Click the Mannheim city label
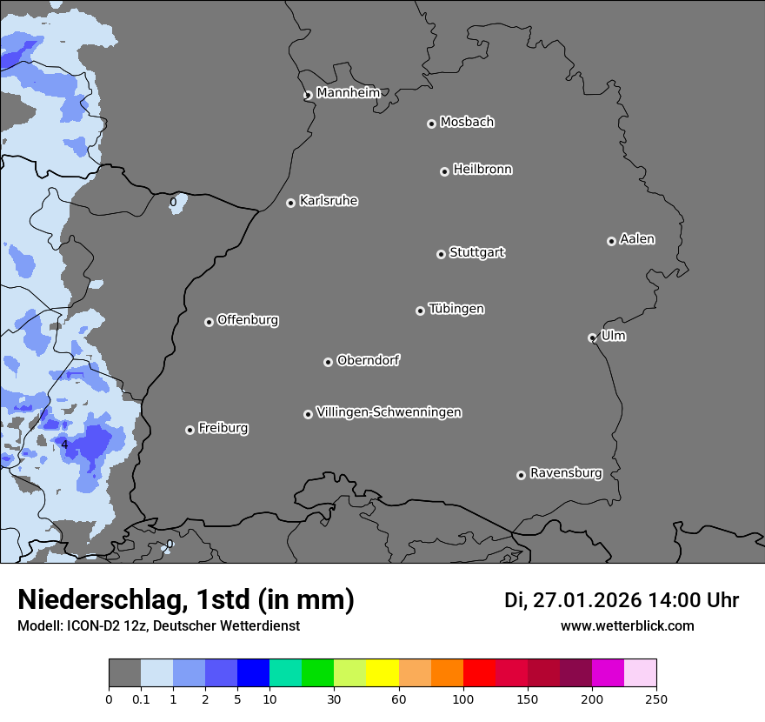point(348,92)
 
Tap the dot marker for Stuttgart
point(441,254)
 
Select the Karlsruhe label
point(329,201)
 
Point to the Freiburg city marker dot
point(190,430)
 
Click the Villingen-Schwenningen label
point(389,412)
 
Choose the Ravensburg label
point(566,473)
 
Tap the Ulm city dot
point(592,338)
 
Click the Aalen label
point(637,239)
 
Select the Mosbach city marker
point(431,124)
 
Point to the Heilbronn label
point(482,170)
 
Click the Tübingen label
point(456,309)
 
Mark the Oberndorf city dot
point(328,362)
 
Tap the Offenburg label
point(248,320)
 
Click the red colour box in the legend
point(479,673)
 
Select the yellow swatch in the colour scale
point(382,673)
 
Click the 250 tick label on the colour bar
point(656,699)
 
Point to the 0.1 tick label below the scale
point(141,699)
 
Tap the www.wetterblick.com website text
point(627,626)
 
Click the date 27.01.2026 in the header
point(586,600)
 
